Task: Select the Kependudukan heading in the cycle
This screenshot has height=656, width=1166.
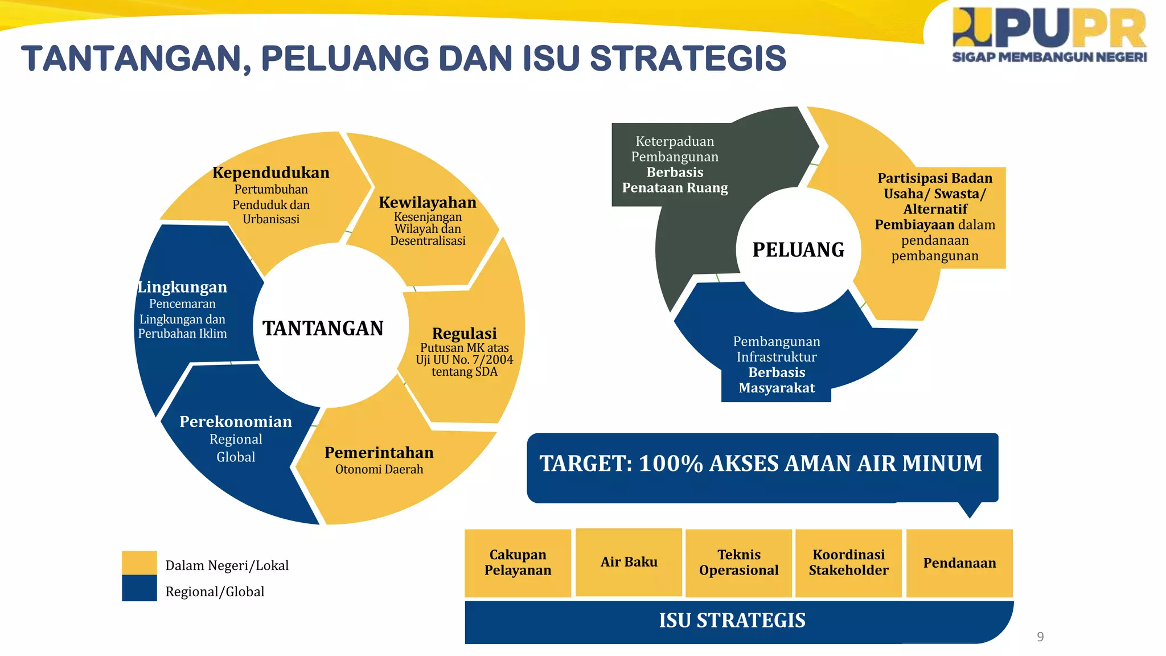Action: [271, 173]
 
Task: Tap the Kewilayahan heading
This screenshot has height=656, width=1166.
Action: [428, 202]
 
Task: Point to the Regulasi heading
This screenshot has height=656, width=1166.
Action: [464, 333]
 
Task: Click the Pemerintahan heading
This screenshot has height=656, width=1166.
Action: [379, 453]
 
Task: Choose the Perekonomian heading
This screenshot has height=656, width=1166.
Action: [236, 421]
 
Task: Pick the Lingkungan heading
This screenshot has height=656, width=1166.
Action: [182, 287]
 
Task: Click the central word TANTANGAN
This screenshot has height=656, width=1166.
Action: [323, 329]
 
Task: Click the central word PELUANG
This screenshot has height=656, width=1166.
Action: [798, 250]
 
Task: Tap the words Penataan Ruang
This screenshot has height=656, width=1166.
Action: [675, 188]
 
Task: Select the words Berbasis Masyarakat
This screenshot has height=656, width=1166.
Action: [777, 380]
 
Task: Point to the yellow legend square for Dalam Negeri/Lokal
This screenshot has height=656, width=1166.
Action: [139, 563]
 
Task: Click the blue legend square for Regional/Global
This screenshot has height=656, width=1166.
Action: [139, 588]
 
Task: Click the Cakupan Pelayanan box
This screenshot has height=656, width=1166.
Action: [518, 563]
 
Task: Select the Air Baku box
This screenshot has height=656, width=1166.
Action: [629, 562]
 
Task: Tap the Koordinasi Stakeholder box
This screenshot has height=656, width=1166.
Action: [848, 563]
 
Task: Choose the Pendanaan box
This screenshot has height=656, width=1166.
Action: [959, 563]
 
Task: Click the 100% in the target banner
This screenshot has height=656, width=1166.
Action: [671, 464]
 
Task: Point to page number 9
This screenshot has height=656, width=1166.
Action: [1040, 637]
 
